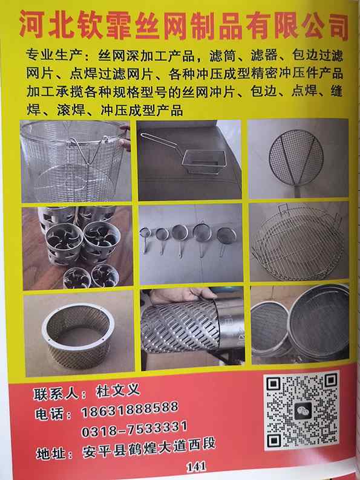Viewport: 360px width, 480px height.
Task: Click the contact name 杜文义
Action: click(118, 391)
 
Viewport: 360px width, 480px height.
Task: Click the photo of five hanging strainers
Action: click(191, 244)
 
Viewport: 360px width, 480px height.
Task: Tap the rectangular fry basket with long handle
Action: click(188, 160)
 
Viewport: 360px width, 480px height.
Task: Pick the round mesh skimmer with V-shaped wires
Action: click(298, 159)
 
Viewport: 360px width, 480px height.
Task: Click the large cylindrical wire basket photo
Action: click(76, 161)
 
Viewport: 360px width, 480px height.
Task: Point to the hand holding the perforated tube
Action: click(183, 296)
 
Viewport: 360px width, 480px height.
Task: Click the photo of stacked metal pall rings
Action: click(77, 248)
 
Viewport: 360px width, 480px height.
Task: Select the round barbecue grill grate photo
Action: click(299, 242)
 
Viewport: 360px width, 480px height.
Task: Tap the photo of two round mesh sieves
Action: click(300, 324)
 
